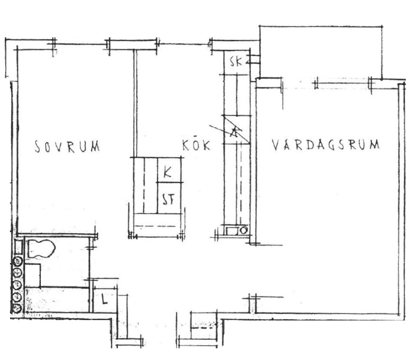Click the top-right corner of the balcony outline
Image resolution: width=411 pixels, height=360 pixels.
(382, 26)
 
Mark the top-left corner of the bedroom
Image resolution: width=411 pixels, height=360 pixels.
(18, 50)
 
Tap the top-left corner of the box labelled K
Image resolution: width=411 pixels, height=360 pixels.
(158, 158)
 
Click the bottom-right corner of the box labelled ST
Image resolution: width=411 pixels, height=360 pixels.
(181, 214)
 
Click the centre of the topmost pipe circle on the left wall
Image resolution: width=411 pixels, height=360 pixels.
(18, 261)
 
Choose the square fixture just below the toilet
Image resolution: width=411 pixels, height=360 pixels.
(32, 275)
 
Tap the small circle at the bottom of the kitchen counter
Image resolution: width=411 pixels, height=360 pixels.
(244, 231)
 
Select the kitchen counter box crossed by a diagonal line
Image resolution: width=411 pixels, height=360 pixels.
(237, 130)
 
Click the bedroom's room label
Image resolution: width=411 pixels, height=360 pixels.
(67, 146)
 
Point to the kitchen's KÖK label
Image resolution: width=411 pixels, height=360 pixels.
(196, 145)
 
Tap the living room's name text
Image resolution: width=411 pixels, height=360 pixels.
(326, 145)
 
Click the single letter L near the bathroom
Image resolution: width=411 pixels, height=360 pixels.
(105, 299)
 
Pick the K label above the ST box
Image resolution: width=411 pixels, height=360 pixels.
(167, 172)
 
